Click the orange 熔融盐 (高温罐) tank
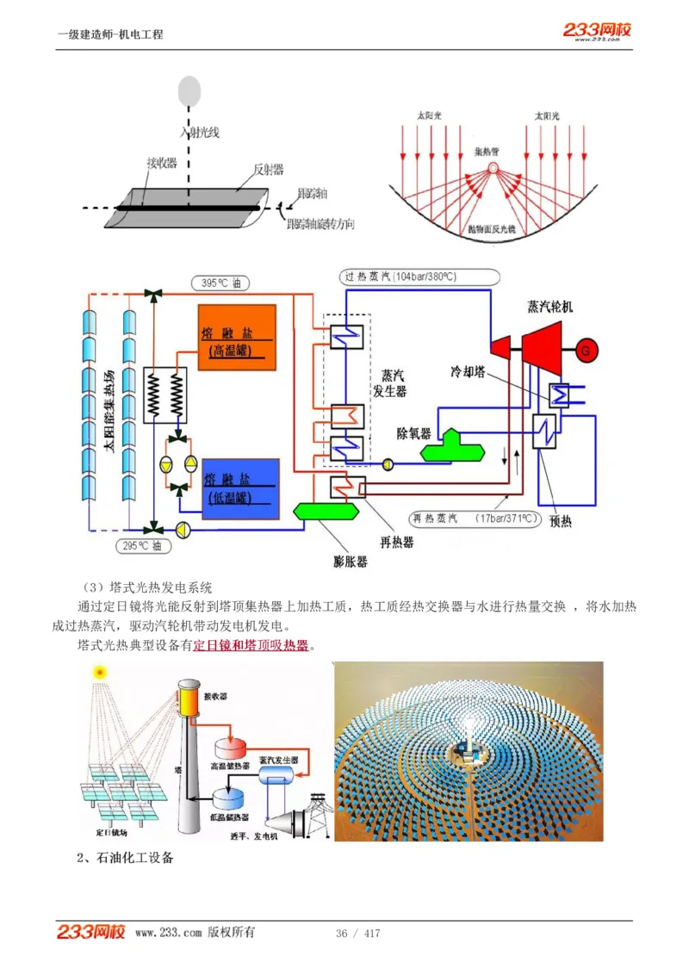236,337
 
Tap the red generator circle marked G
587,350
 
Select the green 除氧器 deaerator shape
450,444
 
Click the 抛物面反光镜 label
491,230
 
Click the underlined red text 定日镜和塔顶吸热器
251,644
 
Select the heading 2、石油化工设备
125,858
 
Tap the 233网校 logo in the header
598,30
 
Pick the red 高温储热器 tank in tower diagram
231,748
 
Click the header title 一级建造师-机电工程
109,34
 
